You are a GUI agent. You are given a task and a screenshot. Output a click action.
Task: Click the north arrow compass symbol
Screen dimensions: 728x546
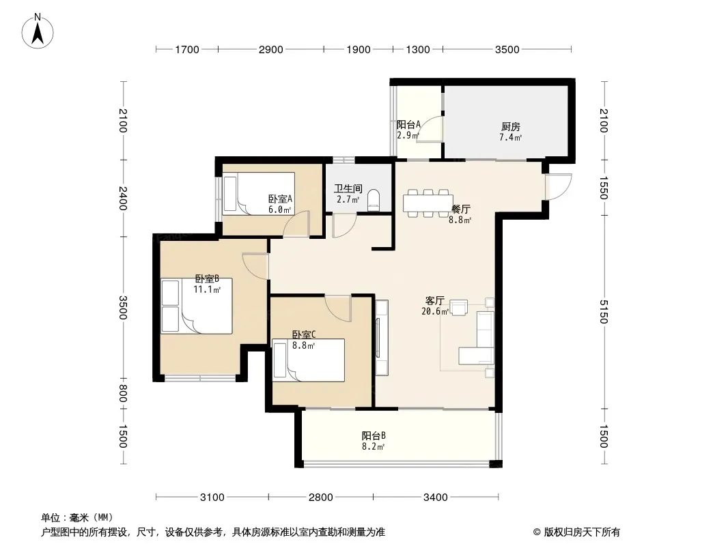pos(38,31)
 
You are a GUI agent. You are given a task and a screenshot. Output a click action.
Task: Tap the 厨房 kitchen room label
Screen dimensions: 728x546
pos(510,126)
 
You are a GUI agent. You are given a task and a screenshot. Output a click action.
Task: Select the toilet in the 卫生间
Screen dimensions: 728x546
pos(374,200)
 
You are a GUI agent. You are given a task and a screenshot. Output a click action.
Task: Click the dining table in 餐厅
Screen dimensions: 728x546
pos(428,203)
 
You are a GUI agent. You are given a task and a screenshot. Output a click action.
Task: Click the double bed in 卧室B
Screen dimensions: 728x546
pos(197,306)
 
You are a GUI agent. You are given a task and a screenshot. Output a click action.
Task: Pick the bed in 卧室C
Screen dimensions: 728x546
pos(308,360)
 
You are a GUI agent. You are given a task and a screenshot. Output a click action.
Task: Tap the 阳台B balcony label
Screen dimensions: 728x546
pos(374,435)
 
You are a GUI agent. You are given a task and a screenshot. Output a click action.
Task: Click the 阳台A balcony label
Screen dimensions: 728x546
pos(408,125)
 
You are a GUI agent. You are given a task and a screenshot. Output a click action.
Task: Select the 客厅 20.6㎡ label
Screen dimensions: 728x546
pos(435,306)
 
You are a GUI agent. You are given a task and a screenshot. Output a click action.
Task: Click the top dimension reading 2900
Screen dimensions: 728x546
pos(270,50)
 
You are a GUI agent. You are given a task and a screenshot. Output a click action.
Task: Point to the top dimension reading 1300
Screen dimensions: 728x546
pos(418,50)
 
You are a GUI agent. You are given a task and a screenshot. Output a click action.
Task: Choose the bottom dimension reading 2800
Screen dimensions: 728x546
pos(321,498)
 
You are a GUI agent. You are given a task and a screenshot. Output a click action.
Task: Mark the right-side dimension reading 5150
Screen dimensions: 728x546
pos(603,312)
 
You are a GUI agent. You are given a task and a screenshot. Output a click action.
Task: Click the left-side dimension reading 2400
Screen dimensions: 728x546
pos(122,198)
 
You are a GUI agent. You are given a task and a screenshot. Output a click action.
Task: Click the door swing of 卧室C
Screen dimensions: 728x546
pos(338,308)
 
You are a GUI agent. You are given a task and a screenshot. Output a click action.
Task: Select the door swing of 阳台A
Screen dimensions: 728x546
pos(430,129)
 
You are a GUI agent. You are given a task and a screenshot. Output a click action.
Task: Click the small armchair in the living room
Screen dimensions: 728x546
pos(459,308)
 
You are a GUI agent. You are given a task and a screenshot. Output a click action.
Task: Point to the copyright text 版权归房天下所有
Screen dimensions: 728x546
pos(582,532)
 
